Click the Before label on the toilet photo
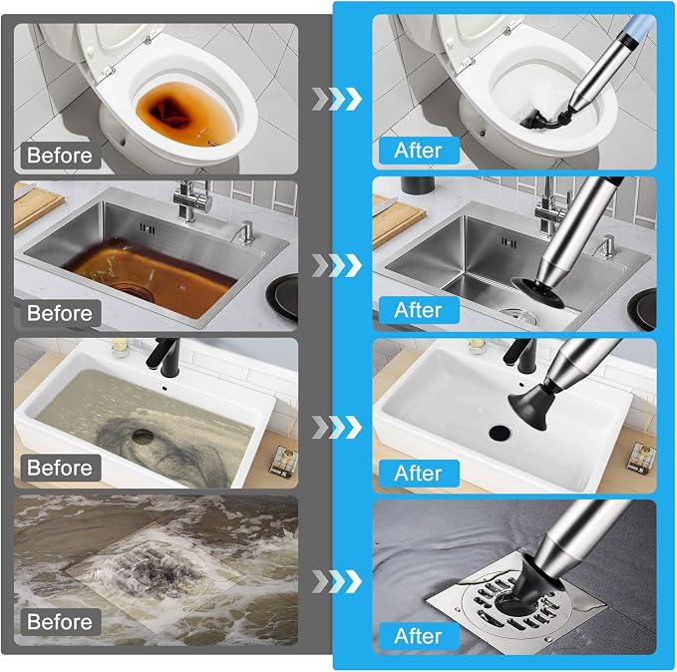click(61, 156)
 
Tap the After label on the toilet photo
click(419, 151)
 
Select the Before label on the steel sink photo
click(61, 313)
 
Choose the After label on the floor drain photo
click(419, 636)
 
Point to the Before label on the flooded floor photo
click(61, 622)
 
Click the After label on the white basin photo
click(419, 473)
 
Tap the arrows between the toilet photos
click(337, 99)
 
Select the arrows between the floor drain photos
click(337, 581)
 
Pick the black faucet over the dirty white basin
click(163, 356)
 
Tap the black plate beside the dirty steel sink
click(283, 297)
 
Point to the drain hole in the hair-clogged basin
click(143, 436)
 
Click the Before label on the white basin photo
click(61, 468)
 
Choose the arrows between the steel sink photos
click(337, 265)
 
